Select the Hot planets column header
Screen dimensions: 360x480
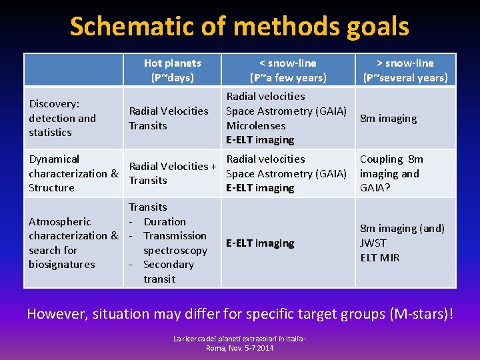click(172, 70)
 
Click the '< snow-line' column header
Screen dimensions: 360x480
click(287, 70)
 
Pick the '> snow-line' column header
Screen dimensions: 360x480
click(405, 70)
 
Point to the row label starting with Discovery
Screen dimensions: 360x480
click(62, 118)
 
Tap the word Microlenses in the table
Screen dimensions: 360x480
click(256, 125)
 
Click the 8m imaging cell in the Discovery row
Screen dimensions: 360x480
click(388, 119)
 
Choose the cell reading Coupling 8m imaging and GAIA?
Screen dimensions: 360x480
click(391, 173)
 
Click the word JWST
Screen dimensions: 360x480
click(373, 243)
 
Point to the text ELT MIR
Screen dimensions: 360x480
click(379, 257)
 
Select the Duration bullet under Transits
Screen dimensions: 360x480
click(164, 221)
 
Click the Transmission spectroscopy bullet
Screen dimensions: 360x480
click(175, 243)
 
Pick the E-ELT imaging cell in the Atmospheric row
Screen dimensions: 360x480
click(260, 243)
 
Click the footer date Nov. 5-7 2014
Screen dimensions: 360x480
click(249, 348)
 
